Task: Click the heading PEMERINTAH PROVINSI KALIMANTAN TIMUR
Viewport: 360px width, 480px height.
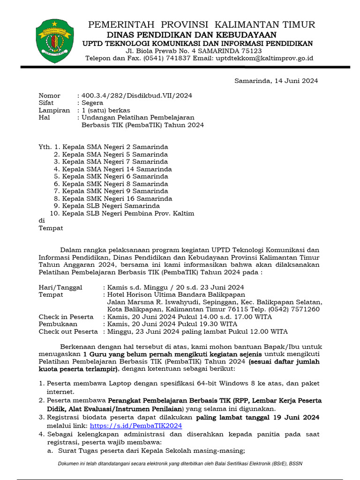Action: [202, 25]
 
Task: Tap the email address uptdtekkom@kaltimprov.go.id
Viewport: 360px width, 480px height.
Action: [264, 58]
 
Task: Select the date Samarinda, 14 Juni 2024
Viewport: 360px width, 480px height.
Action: [276, 81]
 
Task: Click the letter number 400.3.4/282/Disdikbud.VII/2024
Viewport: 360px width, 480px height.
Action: [136, 96]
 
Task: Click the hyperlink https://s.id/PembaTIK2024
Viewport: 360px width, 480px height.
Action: [135, 426]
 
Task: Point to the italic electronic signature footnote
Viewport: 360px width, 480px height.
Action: [180, 464]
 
